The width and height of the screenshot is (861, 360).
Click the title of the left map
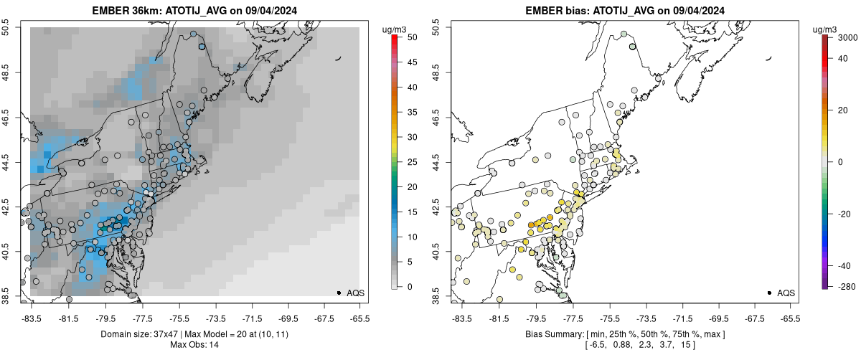coord(194,11)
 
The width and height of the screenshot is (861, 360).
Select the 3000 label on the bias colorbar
coord(845,37)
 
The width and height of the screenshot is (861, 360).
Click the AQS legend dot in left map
coord(339,293)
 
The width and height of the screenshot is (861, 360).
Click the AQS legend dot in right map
coord(769,293)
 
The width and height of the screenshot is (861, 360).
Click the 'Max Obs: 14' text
coord(194,345)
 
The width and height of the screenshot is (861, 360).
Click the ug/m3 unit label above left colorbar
coord(395,29)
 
